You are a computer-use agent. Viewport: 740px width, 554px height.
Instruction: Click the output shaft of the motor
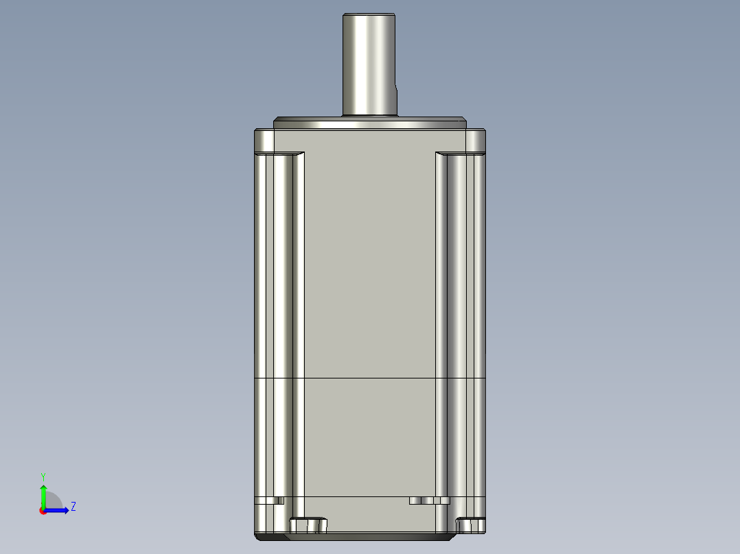tap(369, 62)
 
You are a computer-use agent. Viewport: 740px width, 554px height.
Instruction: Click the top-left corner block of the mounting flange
tap(265, 141)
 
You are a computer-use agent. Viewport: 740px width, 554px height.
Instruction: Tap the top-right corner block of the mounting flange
tap(476, 141)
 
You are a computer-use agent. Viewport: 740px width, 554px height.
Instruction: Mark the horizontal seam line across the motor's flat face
tap(371, 378)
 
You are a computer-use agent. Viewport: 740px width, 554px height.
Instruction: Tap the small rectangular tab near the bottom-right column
tap(429, 501)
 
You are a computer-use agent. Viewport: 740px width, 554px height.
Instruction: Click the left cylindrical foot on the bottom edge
tap(308, 525)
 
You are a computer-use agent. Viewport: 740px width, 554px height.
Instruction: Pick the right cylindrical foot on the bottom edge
tap(471, 525)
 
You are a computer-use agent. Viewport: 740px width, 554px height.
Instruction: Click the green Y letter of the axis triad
tap(43, 476)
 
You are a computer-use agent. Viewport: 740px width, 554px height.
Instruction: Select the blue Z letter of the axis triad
tap(73, 507)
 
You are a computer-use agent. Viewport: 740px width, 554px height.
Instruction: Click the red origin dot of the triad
tap(43, 511)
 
